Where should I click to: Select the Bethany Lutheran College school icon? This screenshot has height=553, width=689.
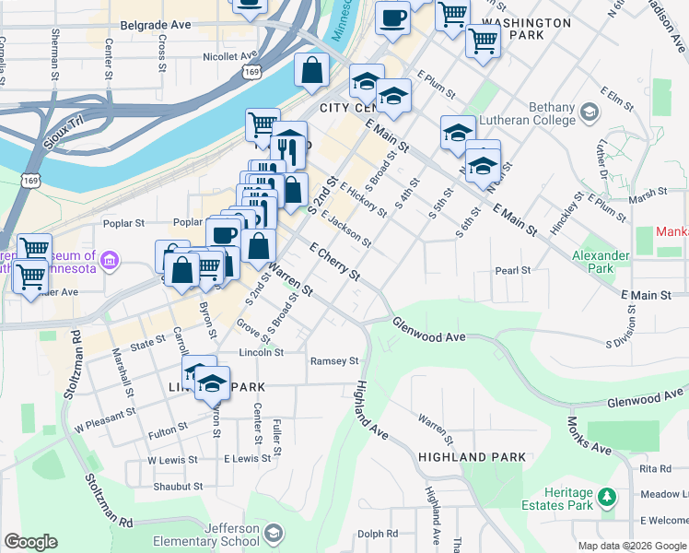click(590, 112)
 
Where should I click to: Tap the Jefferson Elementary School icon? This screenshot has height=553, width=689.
click(274, 533)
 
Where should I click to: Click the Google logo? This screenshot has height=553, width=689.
click(30, 542)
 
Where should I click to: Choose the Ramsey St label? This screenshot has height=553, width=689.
click(333, 361)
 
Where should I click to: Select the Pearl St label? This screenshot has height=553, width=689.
click(513, 271)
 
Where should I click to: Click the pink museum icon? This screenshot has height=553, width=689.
click(110, 261)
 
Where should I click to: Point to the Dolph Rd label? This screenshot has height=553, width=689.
click(378, 534)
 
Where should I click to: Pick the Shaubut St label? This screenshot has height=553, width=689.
click(178, 487)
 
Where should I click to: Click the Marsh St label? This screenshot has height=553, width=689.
click(648, 193)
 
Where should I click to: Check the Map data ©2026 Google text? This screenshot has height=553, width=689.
click(631, 546)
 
